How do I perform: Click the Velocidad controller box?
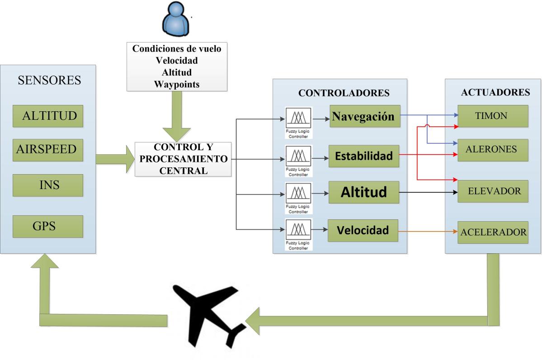363,230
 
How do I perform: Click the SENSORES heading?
49,81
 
